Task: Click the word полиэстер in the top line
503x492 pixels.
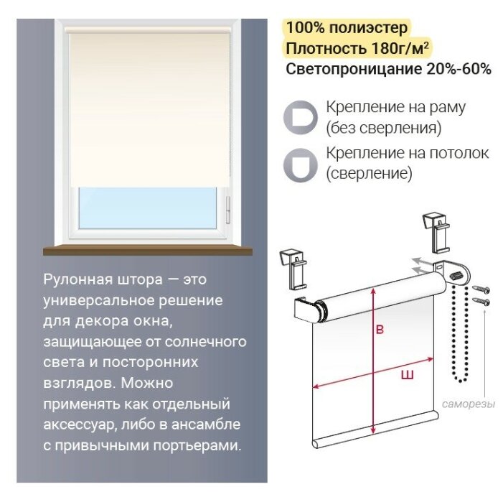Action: (369, 28)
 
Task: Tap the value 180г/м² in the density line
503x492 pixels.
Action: (400, 48)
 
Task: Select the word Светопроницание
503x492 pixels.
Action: (354, 69)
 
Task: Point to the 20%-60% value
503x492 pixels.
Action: (459, 69)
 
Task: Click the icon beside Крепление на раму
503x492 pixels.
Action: (300, 117)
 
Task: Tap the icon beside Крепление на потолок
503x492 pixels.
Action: (300, 165)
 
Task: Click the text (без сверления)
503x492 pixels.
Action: (384, 128)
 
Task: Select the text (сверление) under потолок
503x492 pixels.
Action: (369, 173)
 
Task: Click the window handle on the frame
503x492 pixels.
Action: (228, 210)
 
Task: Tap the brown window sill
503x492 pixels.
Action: (148, 249)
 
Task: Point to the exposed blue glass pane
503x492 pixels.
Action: (148, 208)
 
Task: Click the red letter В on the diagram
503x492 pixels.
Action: (380, 330)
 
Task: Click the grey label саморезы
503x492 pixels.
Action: (469, 404)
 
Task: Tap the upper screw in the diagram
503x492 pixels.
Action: (481, 289)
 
